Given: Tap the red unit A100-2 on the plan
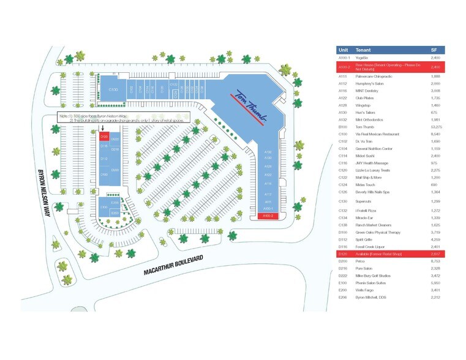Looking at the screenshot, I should point(267,216).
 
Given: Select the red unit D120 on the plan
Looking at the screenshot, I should point(104,137).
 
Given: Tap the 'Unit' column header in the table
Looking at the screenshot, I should point(344,50).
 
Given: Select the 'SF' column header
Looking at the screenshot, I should point(434,50).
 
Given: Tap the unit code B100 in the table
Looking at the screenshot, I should point(343,127).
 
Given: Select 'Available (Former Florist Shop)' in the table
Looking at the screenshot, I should point(380,253).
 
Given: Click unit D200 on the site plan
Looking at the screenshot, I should point(115,170).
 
